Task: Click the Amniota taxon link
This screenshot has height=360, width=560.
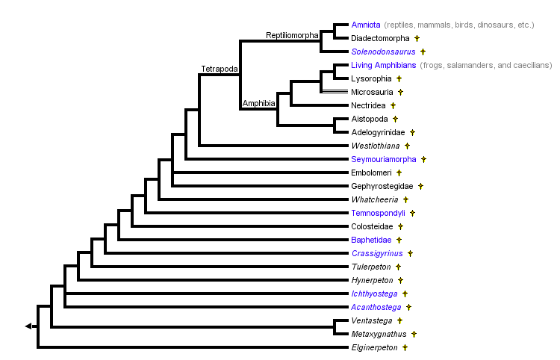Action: click(365, 25)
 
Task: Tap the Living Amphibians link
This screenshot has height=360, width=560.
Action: click(383, 65)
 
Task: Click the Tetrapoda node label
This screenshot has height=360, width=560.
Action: click(220, 69)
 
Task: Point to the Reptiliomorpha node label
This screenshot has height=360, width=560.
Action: click(293, 35)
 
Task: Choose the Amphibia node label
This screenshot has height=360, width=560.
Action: click(259, 102)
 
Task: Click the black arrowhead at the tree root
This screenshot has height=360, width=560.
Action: click(28, 326)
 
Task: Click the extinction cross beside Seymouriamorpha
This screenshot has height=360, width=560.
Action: click(424, 159)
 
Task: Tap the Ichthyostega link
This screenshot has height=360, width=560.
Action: click(374, 294)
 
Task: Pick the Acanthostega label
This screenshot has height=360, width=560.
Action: click(376, 307)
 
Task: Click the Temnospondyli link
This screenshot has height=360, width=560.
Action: click(378, 213)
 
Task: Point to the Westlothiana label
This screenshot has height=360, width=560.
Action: click(376, 146)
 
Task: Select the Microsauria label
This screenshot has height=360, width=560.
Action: click(371, 92)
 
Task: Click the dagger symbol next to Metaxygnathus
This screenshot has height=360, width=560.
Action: click(413, 334)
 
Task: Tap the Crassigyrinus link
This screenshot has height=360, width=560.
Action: click(376, 253)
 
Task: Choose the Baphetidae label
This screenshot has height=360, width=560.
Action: click(371, 240)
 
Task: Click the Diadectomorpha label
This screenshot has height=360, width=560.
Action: click(379, 38)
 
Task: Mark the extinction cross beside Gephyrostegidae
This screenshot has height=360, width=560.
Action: click(420, 186)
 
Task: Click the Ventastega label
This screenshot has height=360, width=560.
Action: click(372, 320)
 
